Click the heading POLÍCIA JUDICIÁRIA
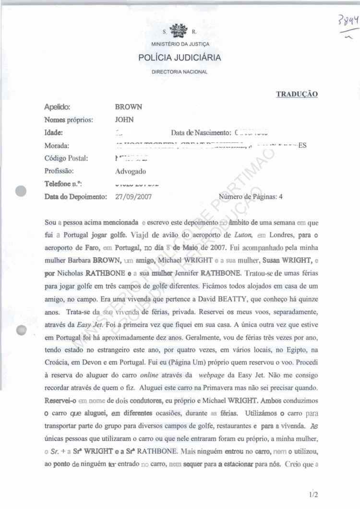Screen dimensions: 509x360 (180, 58)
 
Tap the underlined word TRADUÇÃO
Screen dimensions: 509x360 (297, 95)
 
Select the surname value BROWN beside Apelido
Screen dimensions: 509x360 (129, 107)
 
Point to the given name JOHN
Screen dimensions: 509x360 (125, 120)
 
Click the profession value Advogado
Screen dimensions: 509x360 (131, 171)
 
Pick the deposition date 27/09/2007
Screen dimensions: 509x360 (134, 197)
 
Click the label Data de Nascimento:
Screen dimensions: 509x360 (201, 133)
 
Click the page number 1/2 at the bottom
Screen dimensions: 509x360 (314, 494)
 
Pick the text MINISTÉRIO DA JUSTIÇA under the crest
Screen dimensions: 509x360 (180, 45)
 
